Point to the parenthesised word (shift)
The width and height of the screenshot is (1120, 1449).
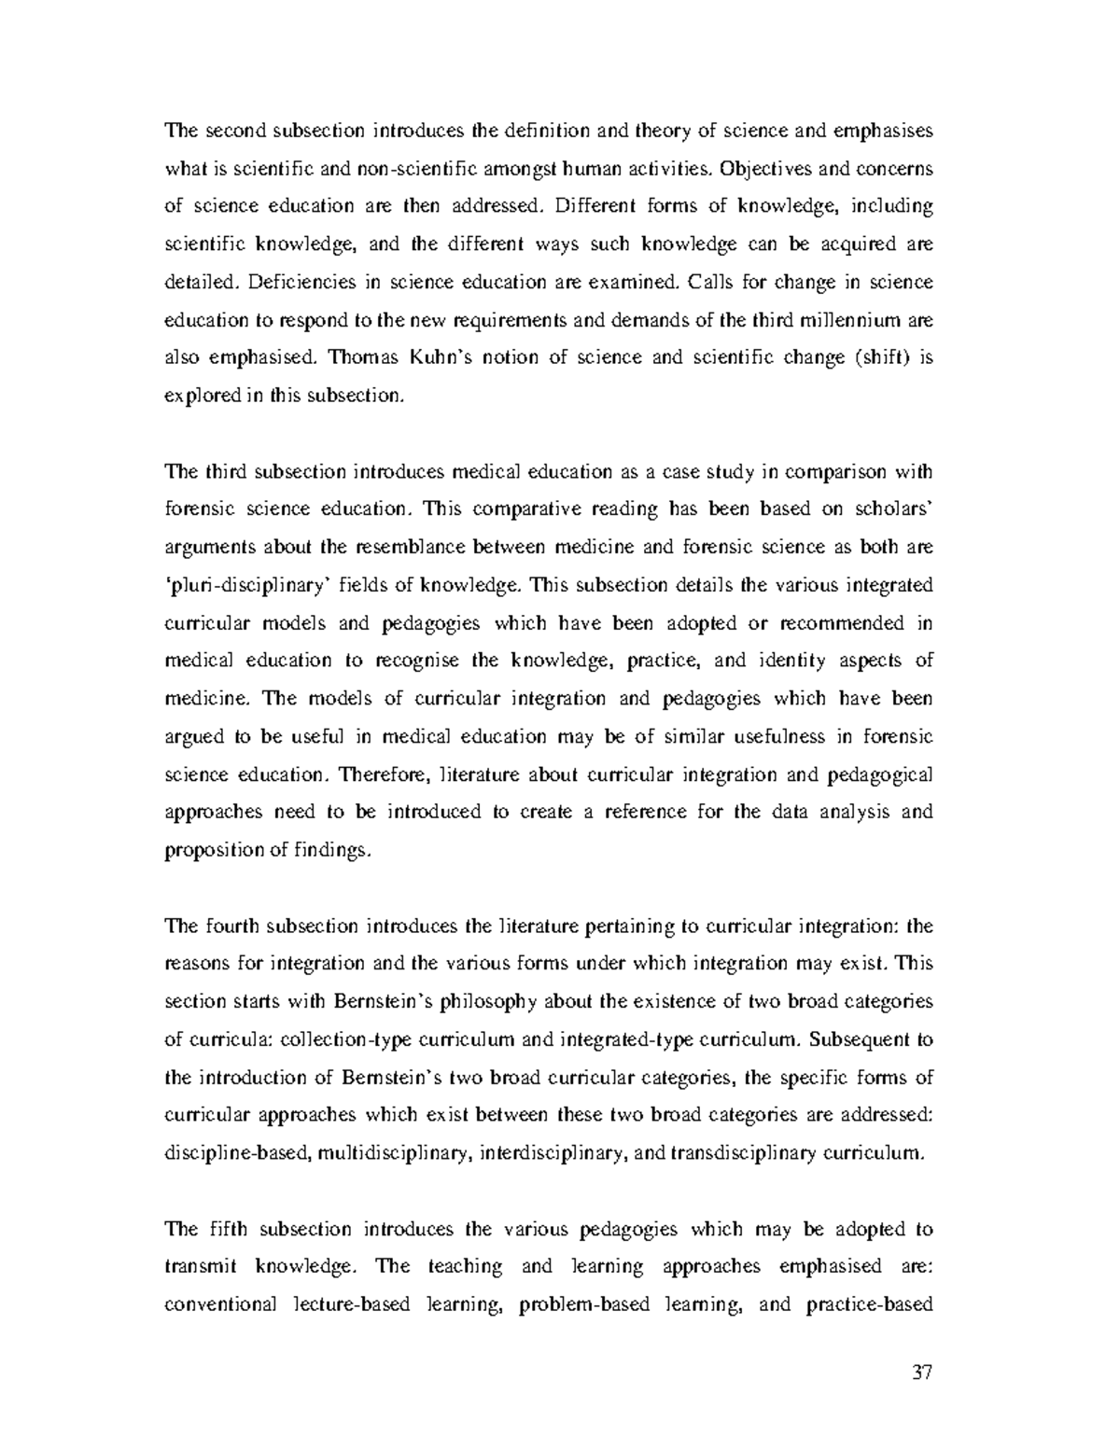pyautogui.click(x=880, y=357)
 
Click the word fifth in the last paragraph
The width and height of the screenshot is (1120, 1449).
pyautogui.click(x=221, y=1229)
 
